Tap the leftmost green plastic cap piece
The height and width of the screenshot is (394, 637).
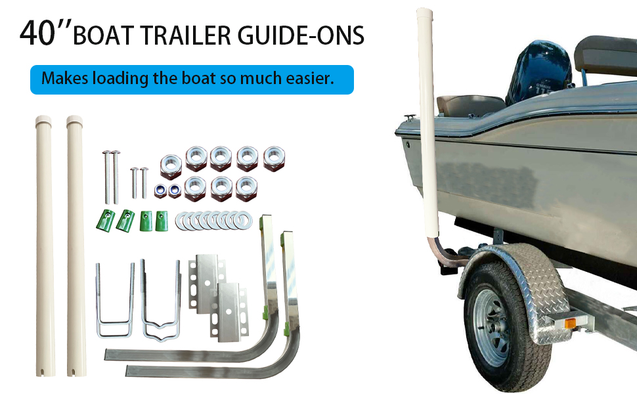104,220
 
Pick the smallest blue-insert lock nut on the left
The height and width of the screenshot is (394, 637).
158,190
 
